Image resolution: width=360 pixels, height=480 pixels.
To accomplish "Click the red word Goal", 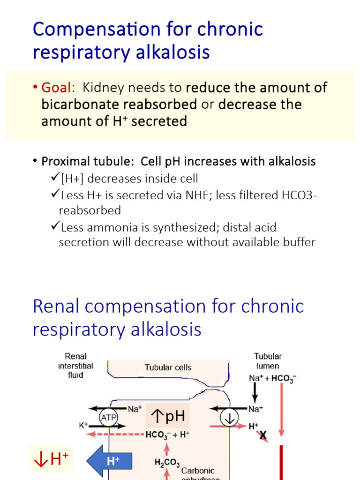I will click(x=56, y=88).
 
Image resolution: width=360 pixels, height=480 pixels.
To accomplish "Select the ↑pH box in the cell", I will click(x=168, y=416).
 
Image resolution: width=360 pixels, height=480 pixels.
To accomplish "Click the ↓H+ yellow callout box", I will click(x=51, y=459).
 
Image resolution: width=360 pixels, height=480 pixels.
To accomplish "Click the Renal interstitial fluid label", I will click(x=75, y=366).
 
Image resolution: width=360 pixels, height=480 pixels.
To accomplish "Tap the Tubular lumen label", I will click(x=268, y=361).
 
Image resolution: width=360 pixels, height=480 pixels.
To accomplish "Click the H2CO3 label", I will click(x=167, y=463).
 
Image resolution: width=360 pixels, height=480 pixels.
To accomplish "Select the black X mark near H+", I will click(x=263, y=436).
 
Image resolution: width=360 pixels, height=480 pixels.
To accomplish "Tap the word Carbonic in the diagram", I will click(x=198, y=470).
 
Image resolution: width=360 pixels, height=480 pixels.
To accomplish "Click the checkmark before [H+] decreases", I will click(x=54, y=178).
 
